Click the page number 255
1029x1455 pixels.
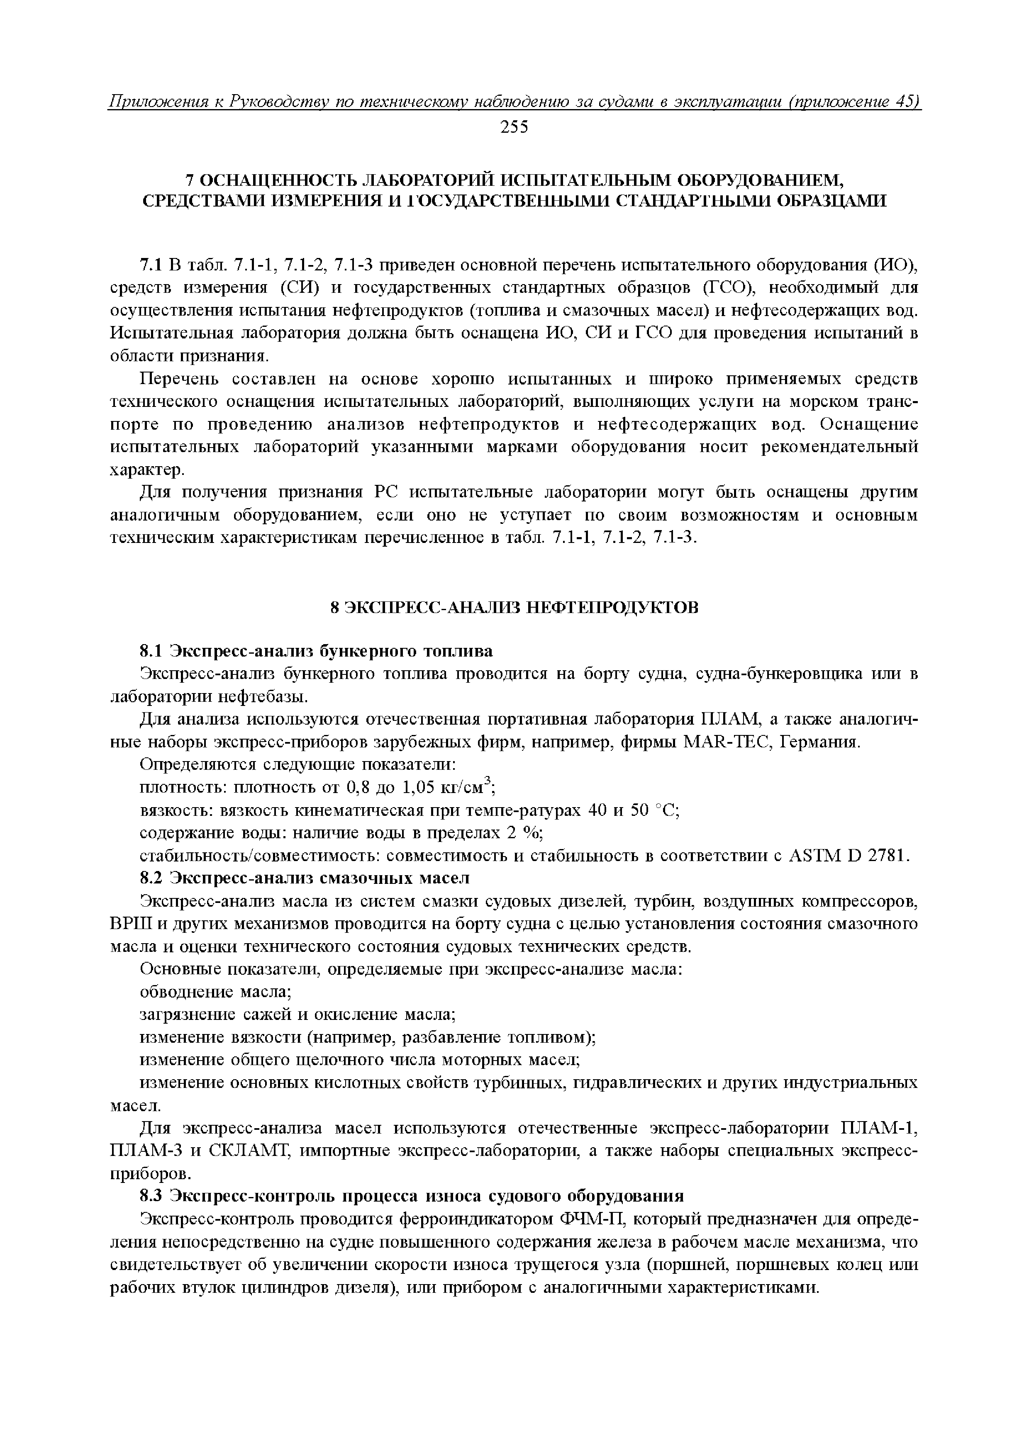[x=514, y=127]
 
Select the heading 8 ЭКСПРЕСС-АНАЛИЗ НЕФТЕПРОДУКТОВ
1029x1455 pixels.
[x=514, y=607]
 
